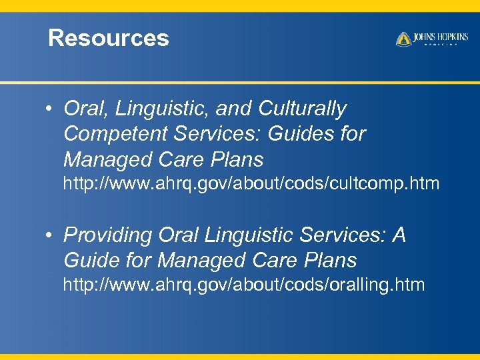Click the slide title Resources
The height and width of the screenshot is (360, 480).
pyautogui.click(x=109, y=38)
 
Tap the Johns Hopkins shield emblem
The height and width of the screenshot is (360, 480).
pyautogui.click(x=403, y=39)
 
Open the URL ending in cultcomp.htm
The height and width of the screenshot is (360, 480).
pyautogui.click(x=251, y=183)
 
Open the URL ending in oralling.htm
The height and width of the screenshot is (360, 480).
pyautogui.click(x=243, y=285)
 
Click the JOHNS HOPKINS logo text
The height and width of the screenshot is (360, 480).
pyautogui.click(x=440, y=37)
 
